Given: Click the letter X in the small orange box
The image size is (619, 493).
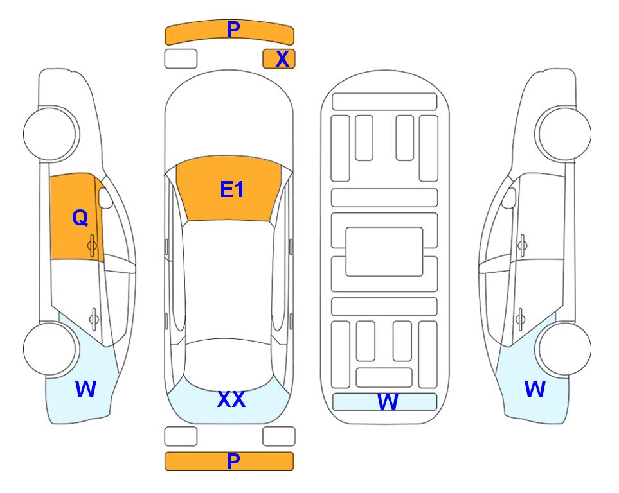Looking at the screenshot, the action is pos(282,59).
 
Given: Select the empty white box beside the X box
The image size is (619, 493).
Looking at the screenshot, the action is pos(181,59).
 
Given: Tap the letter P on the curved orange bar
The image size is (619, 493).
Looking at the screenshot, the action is pos(233,30).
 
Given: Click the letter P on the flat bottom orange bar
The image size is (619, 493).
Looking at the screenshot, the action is pos(233,461).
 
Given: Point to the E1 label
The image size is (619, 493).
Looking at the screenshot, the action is pos(232,189).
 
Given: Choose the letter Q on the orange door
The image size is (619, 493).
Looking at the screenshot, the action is pos(80,218).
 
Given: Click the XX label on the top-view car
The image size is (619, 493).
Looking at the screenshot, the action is pos(231,399).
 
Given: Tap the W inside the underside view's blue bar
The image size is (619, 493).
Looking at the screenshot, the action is pos(388,402).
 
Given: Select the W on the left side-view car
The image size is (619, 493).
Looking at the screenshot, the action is pos(85,389).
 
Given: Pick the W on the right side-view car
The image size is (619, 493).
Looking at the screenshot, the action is pos(535,389).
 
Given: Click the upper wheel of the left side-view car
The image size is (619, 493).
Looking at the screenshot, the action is pos(51,134).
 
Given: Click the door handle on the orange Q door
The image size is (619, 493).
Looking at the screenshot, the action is pos(92,245).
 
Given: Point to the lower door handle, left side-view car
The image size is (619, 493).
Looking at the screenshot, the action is pos(94,318).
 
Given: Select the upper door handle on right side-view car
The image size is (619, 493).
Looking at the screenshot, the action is pos(522,245).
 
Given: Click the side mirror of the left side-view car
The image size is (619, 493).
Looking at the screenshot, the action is pos(105,198).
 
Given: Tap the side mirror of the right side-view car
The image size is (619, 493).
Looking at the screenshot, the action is pos(509,198).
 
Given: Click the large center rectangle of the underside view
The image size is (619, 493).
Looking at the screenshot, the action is pos(384,252).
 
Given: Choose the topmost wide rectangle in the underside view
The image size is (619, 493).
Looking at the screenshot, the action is pos(384,102).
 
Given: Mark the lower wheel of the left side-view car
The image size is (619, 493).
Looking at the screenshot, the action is pos(51,349).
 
